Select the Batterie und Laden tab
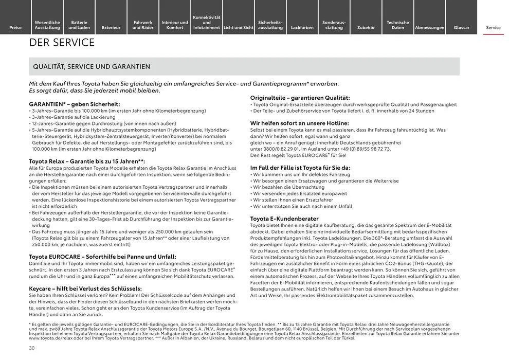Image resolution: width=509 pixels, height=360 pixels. coord(79,25)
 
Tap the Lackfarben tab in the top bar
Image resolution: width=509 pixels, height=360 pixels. coord(302,27)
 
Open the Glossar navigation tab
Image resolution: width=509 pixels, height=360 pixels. coord(461,27)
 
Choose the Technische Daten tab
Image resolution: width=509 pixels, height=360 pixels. coord(397,25)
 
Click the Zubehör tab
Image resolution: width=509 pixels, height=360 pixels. coord(366,27)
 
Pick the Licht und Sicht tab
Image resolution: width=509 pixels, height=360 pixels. coord(239,27)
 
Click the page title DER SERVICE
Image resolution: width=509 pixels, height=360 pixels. coord(62,43)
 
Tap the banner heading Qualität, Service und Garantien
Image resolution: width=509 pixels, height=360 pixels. coord(92,66)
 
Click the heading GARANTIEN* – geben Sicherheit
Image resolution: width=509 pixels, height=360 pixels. coord(74,104)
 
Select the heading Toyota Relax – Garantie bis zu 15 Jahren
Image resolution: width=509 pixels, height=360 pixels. coord(86,161)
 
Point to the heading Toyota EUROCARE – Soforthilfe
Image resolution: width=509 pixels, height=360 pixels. coord(102,256)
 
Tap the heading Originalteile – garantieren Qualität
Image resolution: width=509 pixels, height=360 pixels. coord(300,98)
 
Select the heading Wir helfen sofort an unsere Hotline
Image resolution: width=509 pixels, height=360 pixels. coord(299,123)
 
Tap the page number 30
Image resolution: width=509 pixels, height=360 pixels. coord(32,348)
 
